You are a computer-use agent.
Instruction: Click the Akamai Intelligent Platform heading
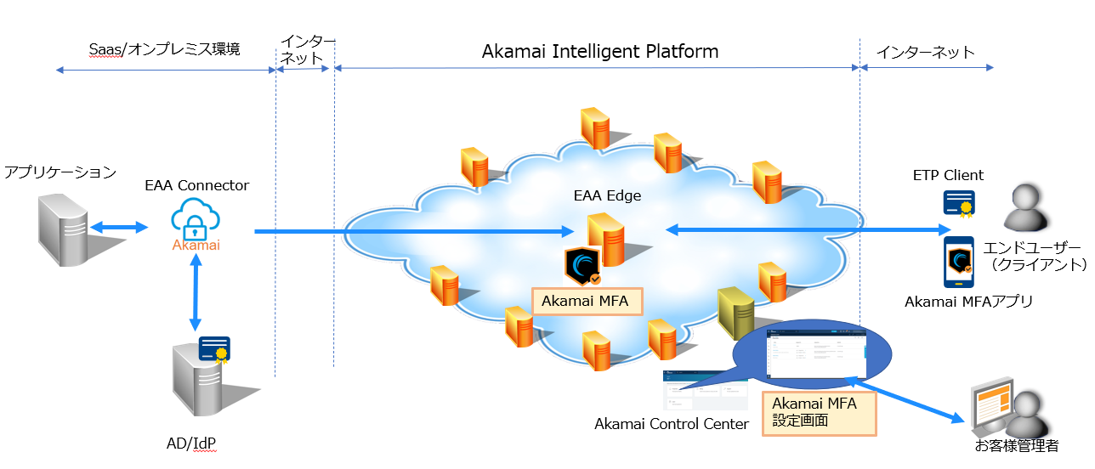(600, 52)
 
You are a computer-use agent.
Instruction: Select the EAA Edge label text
(607, 196)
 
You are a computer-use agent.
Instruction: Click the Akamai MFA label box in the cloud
(586, 301)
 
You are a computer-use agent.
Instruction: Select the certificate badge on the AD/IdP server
(214, 349)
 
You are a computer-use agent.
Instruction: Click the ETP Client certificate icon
(958, 204)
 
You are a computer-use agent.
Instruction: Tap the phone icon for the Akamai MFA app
(959, 263)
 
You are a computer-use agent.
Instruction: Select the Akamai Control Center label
(672, 424)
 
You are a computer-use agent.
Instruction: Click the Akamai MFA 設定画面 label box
(819, 412)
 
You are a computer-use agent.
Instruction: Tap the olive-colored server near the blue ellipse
(736, 313)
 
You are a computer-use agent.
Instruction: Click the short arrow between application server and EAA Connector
(119, 228)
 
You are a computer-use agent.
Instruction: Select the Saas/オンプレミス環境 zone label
(165, 49)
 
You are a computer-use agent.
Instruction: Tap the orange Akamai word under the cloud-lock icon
(196, 246)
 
